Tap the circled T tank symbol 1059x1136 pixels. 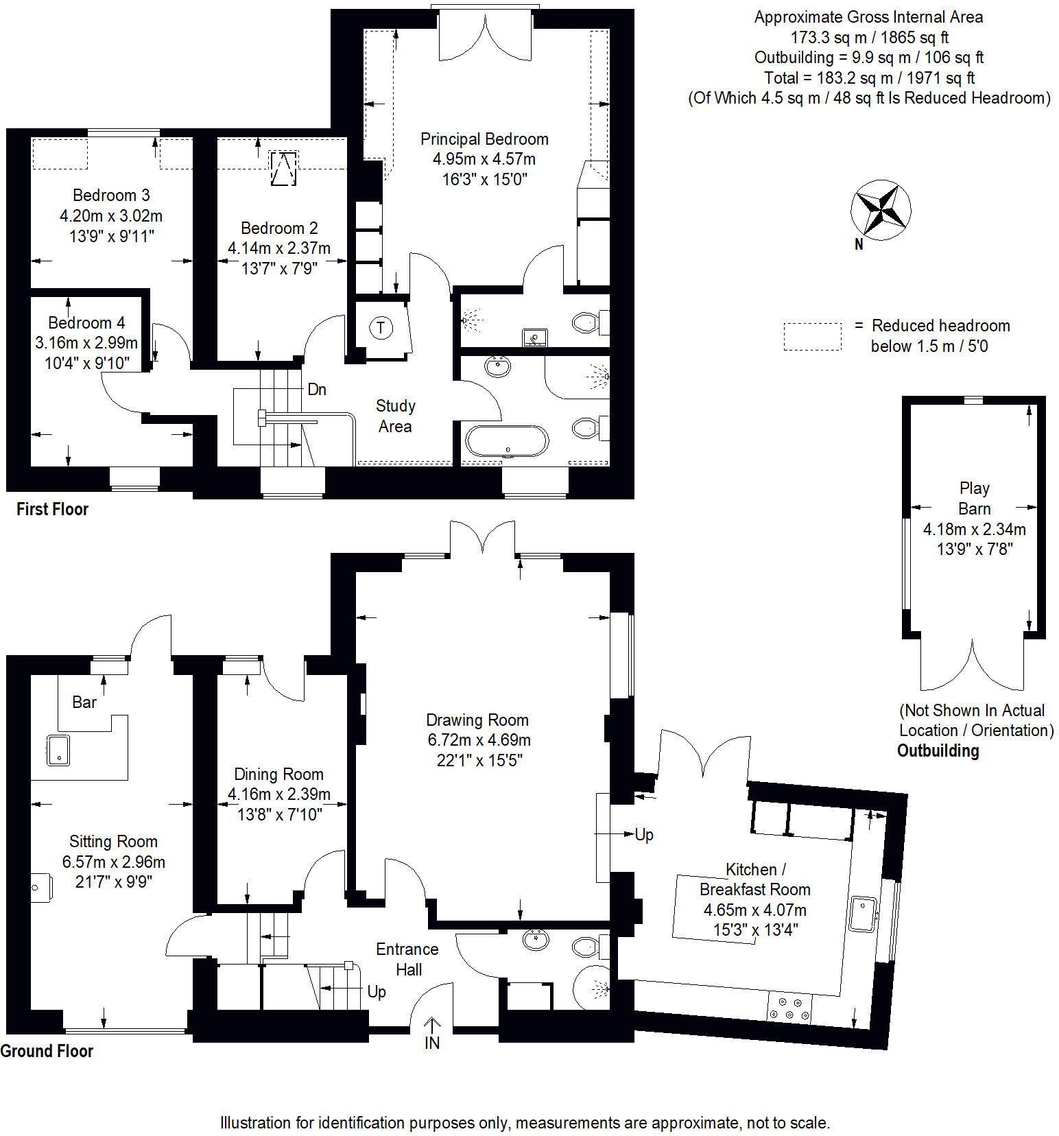(x=381, y=327)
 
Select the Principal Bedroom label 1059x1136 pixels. (x=484, y=139)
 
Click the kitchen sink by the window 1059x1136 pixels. (x=863, y=913)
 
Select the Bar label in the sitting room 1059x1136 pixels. (x=84, y=702)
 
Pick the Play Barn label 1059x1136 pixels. (x=974, y=499)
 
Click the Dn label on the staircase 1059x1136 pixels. (x=317, y=390)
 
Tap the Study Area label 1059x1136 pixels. (x=395, y=416)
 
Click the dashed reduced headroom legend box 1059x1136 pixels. (x=812, y=337)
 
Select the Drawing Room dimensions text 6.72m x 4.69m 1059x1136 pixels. (x=479, y=740)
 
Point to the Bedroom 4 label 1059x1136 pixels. (x=86, y=322)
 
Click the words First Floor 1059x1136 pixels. (x=52, y=509)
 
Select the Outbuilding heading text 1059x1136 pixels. (x=938, y=750)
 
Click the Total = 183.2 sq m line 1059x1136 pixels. (x=869, y=78)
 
